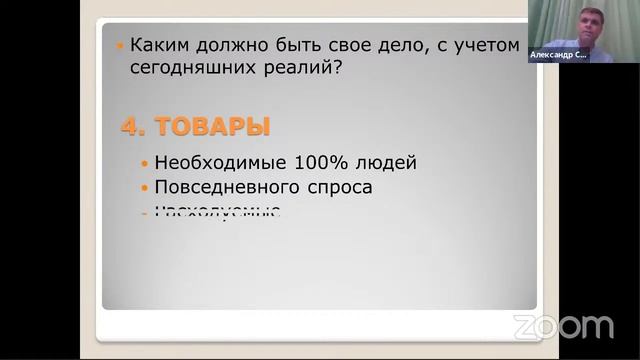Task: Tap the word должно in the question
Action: (225, 46)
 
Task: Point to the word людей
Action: (385, 162)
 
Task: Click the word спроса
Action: (335, 187)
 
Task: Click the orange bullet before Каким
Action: (120, 47)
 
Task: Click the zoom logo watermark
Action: (563, 326)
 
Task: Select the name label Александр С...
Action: (559, 56)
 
